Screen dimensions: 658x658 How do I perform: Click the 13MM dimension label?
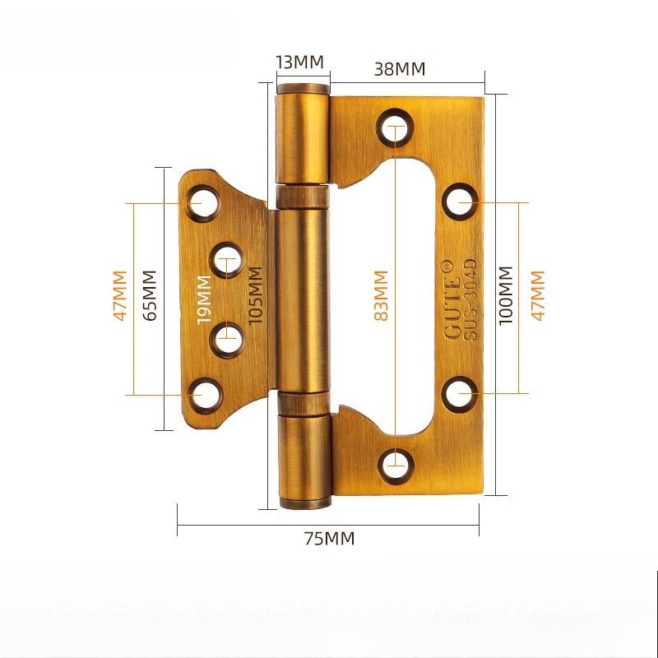[x=299, y=63]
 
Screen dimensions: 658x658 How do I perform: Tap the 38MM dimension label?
[x=400, y=69]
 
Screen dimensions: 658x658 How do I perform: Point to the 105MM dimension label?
[x=255, y=297]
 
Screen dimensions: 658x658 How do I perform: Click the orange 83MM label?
[x=380, y=296]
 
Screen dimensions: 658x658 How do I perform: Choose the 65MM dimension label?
[x=149, y=296]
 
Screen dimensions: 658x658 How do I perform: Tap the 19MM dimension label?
[x=205, y=300]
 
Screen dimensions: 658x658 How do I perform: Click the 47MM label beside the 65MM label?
[x=120, y=296]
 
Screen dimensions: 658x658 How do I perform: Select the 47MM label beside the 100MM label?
[x=539, y=296]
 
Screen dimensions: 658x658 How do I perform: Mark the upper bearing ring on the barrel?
[x=303, y=197]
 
